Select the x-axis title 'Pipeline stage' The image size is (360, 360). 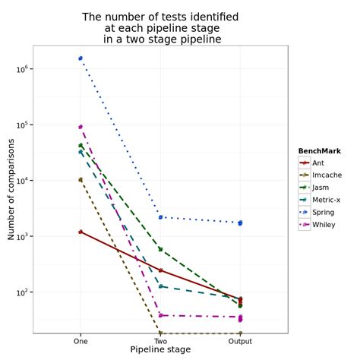[160, 349]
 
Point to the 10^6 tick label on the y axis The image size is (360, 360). [23, 69]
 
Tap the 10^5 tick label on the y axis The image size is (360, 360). [23, 125]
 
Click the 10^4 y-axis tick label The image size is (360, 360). [23, 181]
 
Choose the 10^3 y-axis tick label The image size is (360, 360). [23, 236]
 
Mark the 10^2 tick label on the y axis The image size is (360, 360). [23, 292]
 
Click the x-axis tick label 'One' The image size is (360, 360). [81, 341]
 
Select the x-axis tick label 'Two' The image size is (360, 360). [160, 341]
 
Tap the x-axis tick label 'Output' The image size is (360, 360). [240, 341]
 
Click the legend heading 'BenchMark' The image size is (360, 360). [319, 151]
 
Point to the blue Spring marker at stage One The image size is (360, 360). [81, 58]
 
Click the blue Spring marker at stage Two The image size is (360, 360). [160, 217]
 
